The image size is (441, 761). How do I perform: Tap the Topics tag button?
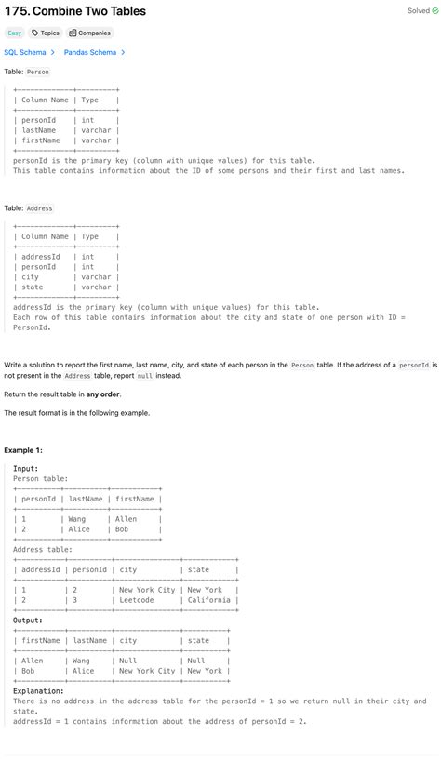coord(45,33)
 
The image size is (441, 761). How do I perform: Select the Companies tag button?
coord(89,33)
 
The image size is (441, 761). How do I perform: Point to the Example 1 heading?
coord(23,450)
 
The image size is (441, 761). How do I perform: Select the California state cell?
coord(207,600)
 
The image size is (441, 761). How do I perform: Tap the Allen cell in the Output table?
coord(33,661)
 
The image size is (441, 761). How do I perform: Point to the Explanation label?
coord(38,691)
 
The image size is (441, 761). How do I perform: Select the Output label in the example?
coord(28,621)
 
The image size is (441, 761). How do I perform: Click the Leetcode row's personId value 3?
coord(74,600)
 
